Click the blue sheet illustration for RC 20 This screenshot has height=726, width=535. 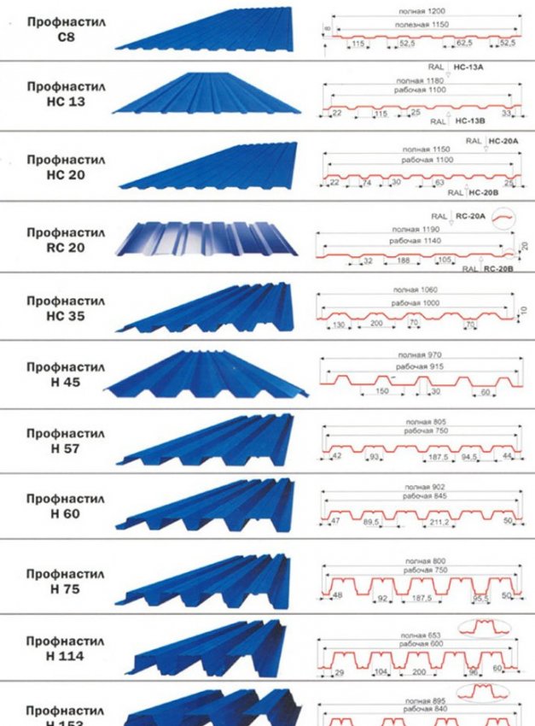click(210, 238)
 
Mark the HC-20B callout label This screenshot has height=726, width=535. click(483, 193)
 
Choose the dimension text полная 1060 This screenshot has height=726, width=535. click(418, 290)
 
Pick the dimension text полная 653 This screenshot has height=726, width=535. click(416, 635)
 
